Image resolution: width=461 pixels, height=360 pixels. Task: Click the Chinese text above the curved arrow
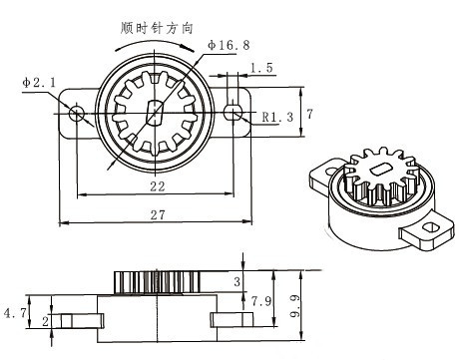pos(157,28)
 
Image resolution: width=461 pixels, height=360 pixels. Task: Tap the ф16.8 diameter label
pos(229,45)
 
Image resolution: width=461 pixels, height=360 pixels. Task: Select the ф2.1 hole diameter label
pos(39,82)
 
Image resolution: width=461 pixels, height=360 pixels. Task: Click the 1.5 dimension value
pos(261,68)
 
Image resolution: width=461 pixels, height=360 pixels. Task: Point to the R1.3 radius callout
pos(278,117)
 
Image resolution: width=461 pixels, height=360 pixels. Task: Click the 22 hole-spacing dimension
pos(158,186)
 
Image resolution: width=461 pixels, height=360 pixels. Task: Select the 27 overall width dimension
pos(158,215)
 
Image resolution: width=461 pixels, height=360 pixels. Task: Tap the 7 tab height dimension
pos(310,114)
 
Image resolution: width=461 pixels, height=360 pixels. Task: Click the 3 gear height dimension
pos(236,282)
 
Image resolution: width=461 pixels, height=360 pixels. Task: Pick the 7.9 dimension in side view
pos(261,301)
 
